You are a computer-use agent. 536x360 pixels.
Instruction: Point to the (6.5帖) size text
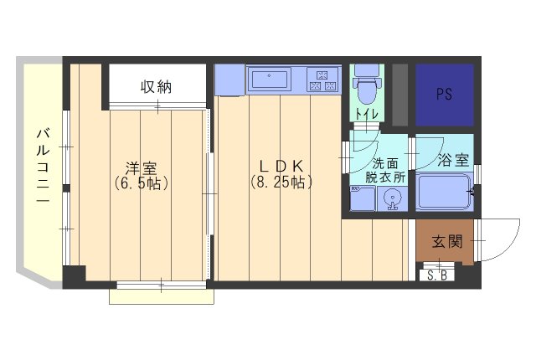(x=141, y=183)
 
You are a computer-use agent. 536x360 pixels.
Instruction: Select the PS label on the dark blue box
(x=445, y=94)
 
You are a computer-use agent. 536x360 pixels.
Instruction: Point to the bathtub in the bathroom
(x=444, y=195)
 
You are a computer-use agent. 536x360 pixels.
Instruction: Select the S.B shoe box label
(x=436, y=275)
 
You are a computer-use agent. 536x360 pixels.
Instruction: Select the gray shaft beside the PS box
(x=400, y=94)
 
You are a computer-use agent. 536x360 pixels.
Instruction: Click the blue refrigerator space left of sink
(x=229, y=80)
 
